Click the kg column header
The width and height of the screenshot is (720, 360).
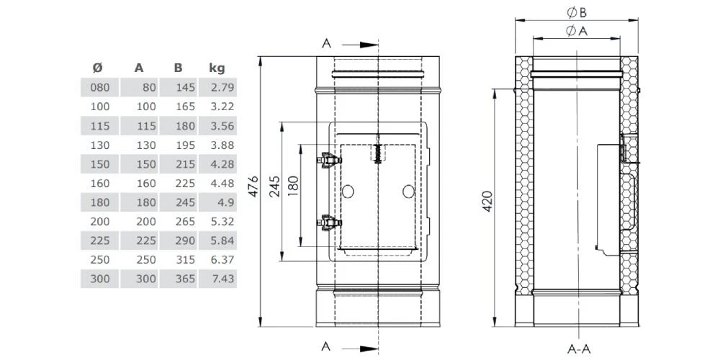click(217, 68)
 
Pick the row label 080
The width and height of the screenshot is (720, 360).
click(101, 89)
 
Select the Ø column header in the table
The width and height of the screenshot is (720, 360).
click(98, 68)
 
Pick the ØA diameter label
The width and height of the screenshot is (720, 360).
click(575, 30)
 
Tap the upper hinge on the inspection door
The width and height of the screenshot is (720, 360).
click(328, 160)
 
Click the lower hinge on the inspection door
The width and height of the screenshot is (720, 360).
click(328, 224)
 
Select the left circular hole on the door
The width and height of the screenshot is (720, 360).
click(348, 192)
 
